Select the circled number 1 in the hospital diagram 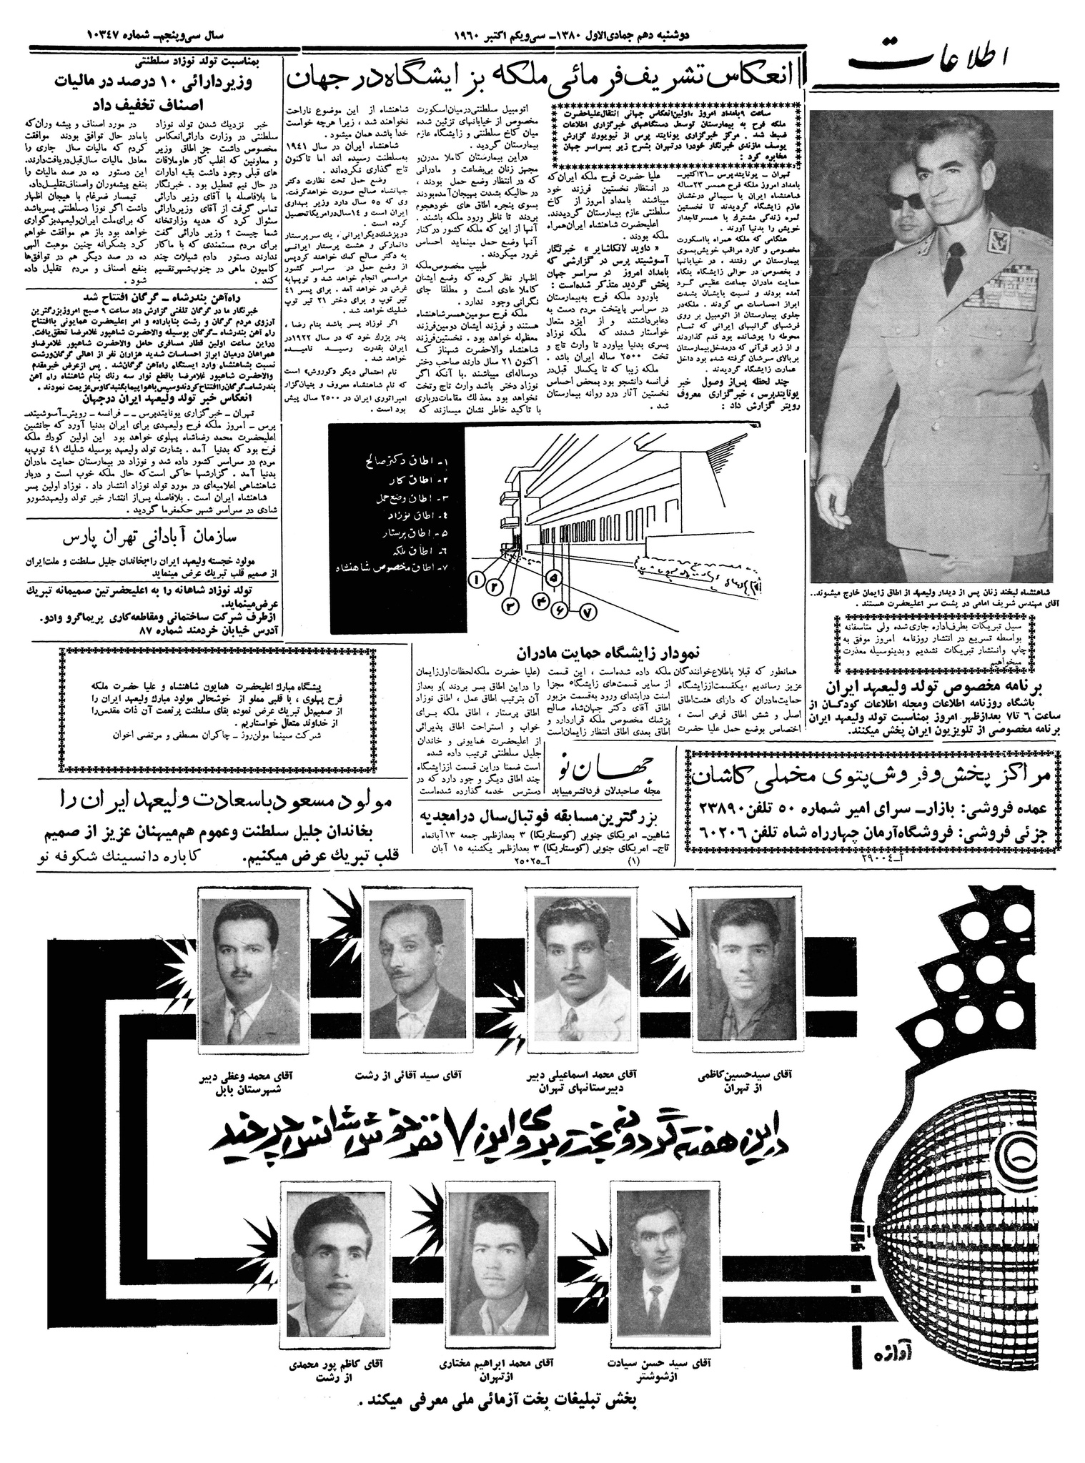475,580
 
